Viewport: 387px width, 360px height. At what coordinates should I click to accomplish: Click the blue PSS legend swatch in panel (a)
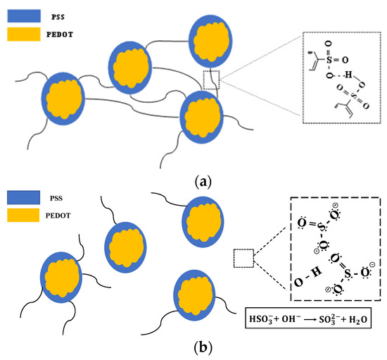click(24, 12)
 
